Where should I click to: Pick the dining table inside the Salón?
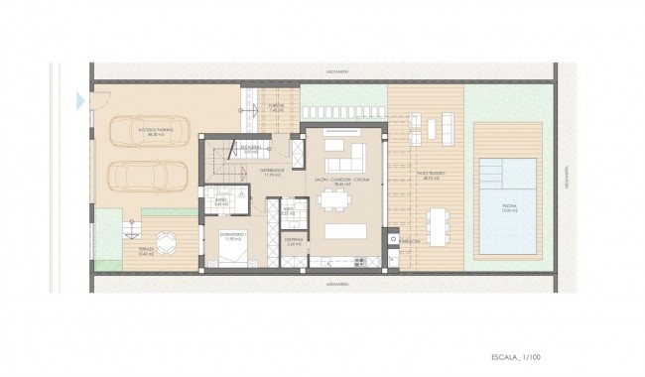[x=334, y=198]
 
